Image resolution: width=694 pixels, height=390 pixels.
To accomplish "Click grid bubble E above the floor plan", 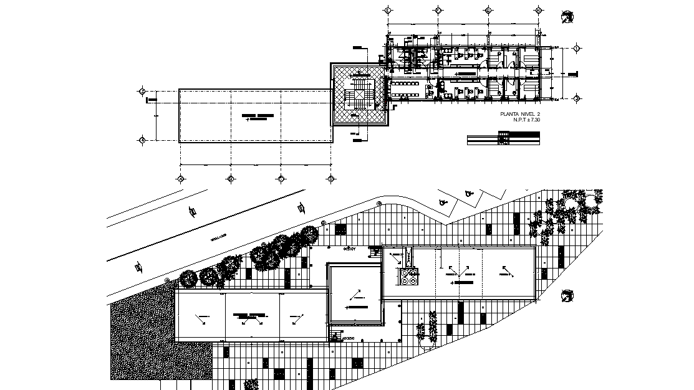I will (387, 11).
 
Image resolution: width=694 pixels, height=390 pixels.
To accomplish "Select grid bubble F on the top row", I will (438, 11).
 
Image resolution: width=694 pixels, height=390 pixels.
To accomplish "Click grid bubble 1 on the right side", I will (577, 48).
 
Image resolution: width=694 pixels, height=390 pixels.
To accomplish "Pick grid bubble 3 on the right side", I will (577, 98).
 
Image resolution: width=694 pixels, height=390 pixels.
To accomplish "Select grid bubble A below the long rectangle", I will (180, 179).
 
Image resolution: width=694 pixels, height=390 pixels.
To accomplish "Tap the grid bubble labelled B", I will (231, 179).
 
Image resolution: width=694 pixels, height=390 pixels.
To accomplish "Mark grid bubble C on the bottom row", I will (281, 179).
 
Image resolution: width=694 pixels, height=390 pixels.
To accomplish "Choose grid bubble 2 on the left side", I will (142, 92).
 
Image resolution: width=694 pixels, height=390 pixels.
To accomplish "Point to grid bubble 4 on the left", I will (142, 141).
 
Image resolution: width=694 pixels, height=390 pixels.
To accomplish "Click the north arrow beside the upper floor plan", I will (567, 18).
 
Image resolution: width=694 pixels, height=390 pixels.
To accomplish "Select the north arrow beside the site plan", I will (567, 295).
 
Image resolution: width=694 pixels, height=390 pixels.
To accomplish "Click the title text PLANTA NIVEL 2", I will (520, 114).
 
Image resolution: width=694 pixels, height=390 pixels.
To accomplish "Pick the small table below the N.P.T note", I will (503, 139).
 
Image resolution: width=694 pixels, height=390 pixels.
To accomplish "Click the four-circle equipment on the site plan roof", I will (409, 277).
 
